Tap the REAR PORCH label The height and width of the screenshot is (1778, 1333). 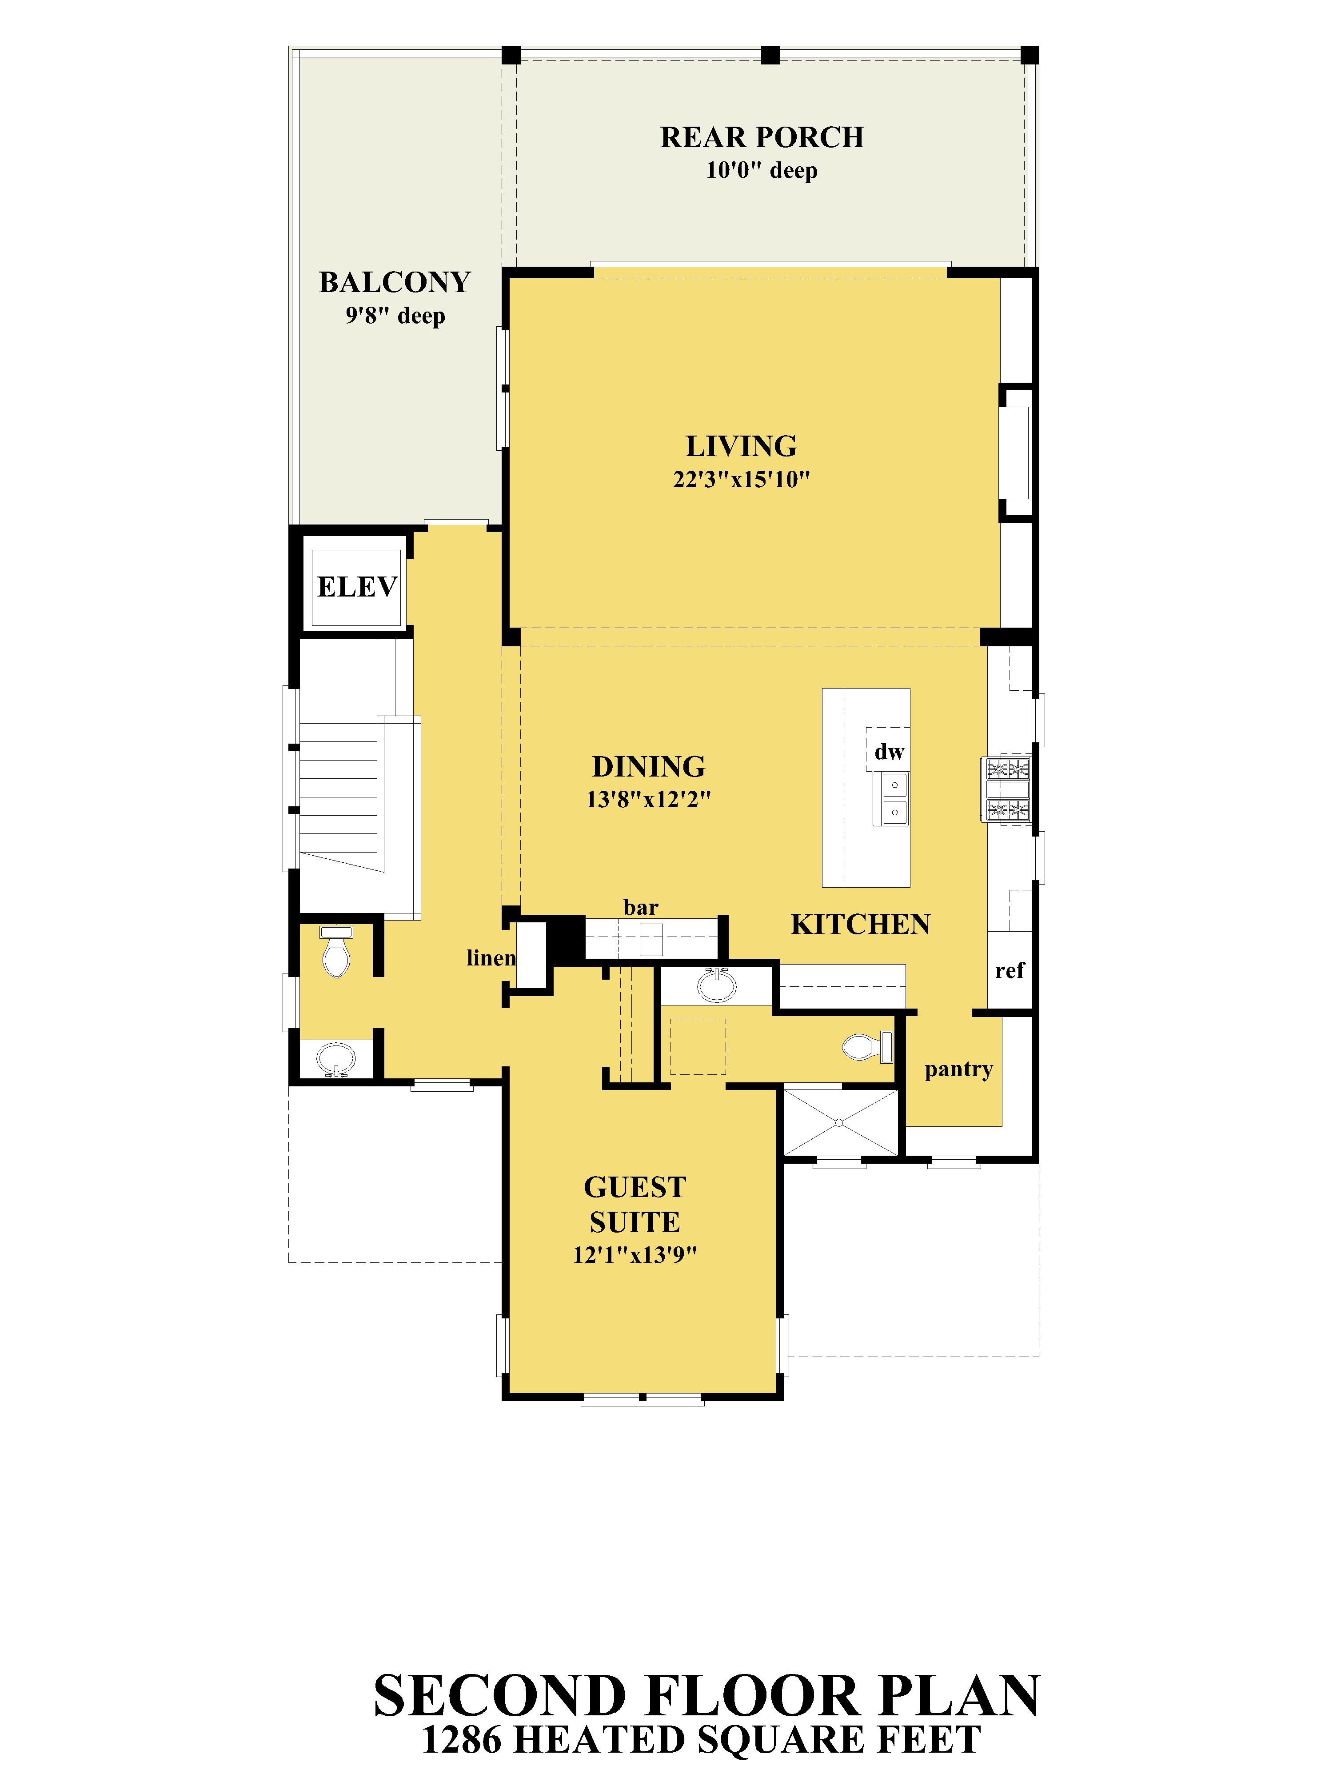point(762,137)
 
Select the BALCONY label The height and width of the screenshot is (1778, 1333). point(395,282)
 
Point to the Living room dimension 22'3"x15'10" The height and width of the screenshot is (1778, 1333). point(741,480)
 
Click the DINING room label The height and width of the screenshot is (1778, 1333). point(648,767)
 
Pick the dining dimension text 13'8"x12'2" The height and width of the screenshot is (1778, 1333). point(648,800)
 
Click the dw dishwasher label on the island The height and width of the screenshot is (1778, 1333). point(889,753)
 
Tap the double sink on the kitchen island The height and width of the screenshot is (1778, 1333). point(894,798)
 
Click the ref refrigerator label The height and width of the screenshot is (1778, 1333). point(1009,971)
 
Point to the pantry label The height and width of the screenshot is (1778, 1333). point(958,1070)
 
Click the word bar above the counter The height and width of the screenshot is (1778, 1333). point(640,908)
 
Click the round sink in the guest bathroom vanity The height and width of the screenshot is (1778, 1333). point(717,985)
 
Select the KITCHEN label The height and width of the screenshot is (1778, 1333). point(861,925)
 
